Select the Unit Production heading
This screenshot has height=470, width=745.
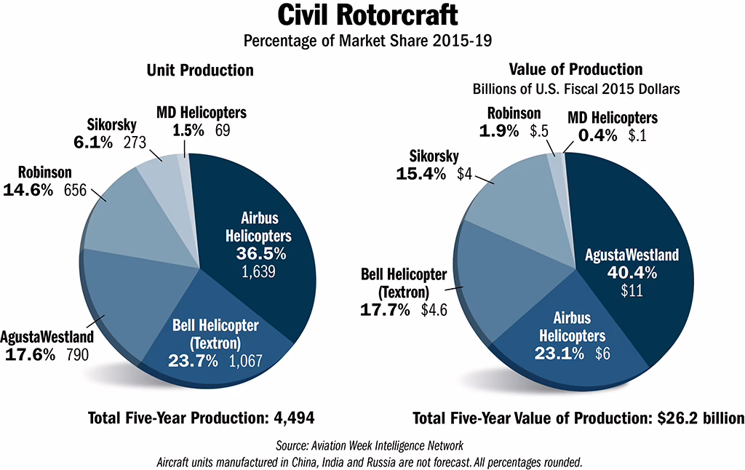tap(200, 70)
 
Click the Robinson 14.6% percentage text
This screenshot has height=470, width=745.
tap(28, 191)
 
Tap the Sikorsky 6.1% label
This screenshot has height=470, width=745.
tap(93, 143)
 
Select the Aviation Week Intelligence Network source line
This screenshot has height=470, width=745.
tap(373, 445)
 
